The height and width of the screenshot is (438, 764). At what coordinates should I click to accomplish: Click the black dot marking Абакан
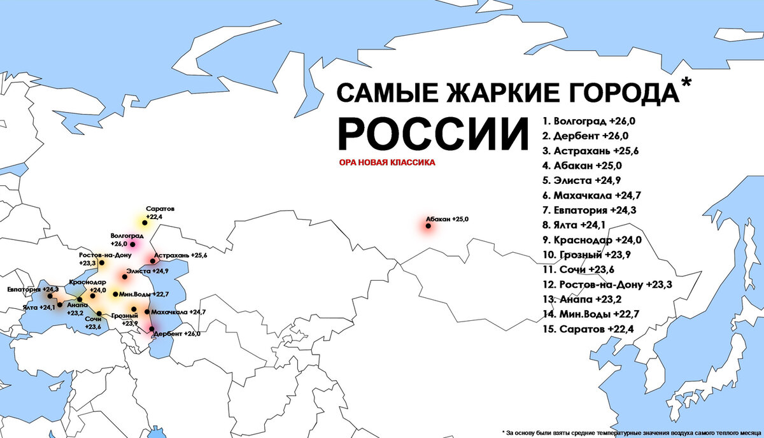(x=428, y=225)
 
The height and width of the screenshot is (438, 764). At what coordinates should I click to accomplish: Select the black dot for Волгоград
(x=133, y=244)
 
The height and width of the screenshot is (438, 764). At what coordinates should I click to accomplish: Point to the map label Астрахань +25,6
(x=180, y=255)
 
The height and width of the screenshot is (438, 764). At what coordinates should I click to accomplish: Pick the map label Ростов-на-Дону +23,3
(x=105, y=258)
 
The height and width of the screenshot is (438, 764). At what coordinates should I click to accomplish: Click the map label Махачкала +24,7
(x=179, y=312)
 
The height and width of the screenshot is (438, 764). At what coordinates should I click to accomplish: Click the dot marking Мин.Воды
(x=115, y=294)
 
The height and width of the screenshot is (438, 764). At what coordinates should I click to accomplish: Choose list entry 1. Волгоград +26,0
(x=586, y=120)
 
